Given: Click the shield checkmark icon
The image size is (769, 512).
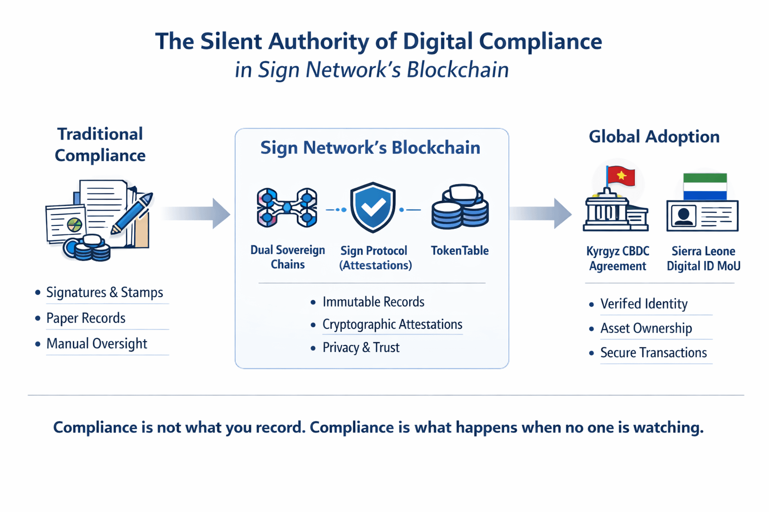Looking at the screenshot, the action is point(373,207).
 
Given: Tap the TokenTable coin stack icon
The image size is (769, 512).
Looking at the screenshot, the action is point(460,207).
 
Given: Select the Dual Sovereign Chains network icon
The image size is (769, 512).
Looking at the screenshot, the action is point(287,207).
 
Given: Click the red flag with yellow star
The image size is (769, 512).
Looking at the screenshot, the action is point(621,176).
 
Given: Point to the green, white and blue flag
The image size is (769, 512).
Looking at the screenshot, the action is point(705,186).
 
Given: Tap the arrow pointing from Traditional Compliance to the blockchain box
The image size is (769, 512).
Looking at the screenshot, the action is point(198,213).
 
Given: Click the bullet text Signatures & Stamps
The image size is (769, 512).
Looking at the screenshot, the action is point(105,292).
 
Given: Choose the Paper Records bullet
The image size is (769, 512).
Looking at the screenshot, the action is point(86,318).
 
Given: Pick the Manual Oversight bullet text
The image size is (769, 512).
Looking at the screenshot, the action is point(97,343).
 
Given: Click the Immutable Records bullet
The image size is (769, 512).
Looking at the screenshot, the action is point(373,302).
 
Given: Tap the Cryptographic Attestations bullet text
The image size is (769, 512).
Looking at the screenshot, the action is point(392,324).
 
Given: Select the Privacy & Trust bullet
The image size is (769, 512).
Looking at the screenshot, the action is point(360,347).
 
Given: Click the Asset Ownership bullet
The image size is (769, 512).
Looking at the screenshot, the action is point(646,328).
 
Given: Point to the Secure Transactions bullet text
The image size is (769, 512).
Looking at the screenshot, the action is point(653,353).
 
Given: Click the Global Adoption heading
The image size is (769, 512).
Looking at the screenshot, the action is point(654,136).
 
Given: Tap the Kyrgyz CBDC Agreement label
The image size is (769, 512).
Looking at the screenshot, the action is point(617,258).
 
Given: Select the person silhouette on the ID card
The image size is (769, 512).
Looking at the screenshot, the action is point(683,216).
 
